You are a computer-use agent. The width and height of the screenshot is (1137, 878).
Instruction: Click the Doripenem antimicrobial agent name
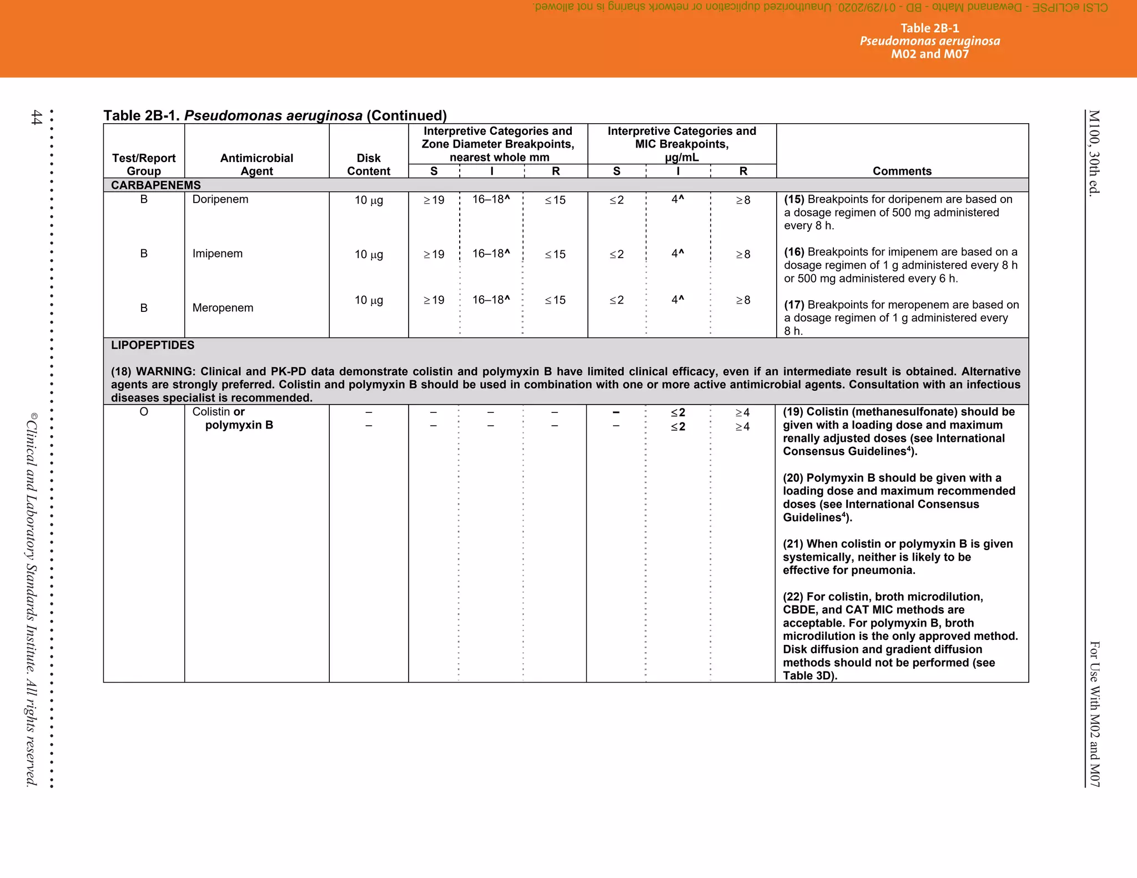click(220, 199)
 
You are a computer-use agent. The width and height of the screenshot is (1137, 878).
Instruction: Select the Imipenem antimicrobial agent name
click(217, 254)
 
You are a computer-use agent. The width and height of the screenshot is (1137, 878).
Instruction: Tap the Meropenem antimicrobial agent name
click(223, 308)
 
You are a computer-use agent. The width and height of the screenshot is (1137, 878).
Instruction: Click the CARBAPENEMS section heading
click(155, 185)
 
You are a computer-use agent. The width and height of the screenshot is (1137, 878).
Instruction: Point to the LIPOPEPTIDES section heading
click(153, 345)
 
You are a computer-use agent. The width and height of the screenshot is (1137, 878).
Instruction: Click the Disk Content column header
click(369, 165)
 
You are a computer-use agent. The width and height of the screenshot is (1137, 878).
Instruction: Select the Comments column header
click(902, 171)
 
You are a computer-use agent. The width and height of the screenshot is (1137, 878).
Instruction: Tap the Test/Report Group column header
click(144, 165)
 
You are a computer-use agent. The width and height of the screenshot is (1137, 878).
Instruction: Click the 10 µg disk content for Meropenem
click(369, 300)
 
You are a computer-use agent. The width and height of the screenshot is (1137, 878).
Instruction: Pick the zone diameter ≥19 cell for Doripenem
click(434, 200)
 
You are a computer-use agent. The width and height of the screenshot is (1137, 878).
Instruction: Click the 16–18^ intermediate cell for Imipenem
click(491, 254)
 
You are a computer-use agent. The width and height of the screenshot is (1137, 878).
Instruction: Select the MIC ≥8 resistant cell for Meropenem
click(743, 300)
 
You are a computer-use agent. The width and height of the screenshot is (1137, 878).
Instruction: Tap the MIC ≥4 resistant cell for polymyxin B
click(742, 427)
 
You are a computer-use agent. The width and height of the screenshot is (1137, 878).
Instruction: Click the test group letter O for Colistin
click(144, 412)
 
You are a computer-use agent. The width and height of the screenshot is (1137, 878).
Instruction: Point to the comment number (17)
click(794, 305)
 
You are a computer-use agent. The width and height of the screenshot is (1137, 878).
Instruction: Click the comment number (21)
click(793, 544)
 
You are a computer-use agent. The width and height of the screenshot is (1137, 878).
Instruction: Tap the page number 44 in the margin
click(36, 117)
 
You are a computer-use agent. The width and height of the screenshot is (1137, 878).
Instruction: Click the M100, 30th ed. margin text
click(1093, 153)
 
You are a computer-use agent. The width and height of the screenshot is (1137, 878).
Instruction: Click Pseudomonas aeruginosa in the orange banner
click(929, 41)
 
